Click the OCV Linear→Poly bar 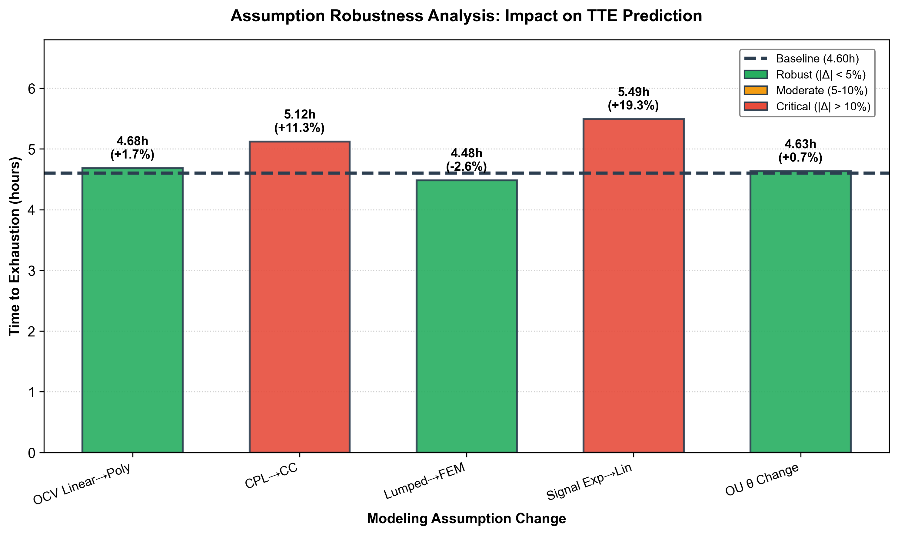point(133,310)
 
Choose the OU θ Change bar point(800,312)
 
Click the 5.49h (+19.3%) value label point(633,99)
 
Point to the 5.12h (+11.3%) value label point(299,121)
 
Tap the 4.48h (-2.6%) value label point(466,160)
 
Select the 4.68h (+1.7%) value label point(133,148)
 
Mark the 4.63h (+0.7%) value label point(800,151)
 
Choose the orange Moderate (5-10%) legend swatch point(756,90)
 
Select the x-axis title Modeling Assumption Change point(466,518)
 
